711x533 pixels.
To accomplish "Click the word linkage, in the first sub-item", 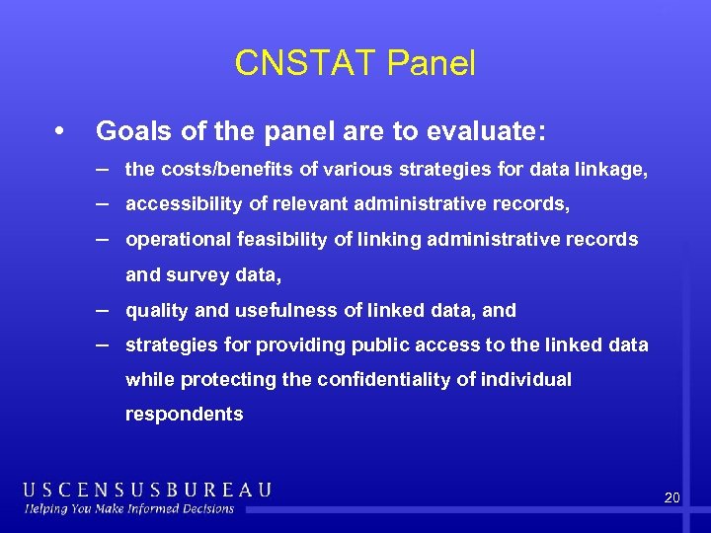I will click(x=614, y=170).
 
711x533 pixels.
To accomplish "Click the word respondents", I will click(x=184, y=415).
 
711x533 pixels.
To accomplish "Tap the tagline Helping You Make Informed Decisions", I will click(x=129, y=509).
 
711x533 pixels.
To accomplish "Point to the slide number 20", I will click(x=671, y=498).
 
